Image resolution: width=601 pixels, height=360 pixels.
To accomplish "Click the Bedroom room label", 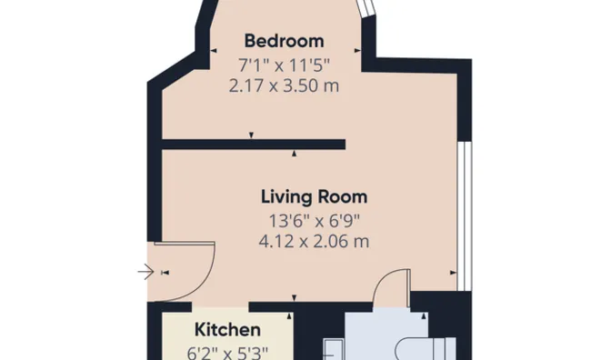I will coord(284,41).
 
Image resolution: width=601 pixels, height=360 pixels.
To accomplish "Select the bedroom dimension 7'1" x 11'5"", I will coord(284,65).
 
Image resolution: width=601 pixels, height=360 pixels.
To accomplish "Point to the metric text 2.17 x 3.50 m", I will coord(284,86).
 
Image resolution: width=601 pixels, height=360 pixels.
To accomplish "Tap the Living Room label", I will coord(314,196).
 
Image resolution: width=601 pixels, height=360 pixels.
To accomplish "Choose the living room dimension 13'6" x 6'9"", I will coord(314,219).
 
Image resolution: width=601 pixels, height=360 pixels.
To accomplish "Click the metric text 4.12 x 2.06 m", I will coord(314,241).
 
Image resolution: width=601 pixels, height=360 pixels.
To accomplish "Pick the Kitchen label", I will coord(227,330).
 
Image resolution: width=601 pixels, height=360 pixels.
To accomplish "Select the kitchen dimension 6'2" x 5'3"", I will coord(227,352).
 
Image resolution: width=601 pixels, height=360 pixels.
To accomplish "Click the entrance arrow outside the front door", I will coord(145,271).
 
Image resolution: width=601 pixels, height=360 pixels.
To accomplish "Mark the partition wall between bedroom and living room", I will coord(253,144).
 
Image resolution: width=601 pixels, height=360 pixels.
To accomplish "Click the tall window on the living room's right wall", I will coord(463,214).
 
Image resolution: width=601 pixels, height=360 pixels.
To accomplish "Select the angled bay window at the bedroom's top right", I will coord(366,8).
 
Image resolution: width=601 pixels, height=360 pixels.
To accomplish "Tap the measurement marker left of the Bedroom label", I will coord(212,51).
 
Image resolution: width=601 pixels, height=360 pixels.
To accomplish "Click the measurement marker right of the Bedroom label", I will coord(360,51).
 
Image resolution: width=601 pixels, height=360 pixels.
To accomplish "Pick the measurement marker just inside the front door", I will coord(165,271).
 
